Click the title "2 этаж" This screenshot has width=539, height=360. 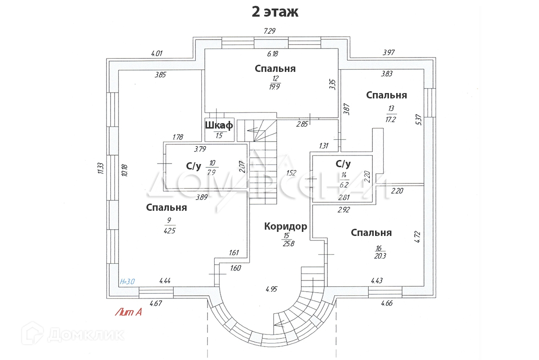[x=274, y=12]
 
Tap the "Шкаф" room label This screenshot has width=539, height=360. [x=219, y=125]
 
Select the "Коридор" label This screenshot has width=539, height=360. [x=286, y=227]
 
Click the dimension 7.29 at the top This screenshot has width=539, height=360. [x=269, y=31]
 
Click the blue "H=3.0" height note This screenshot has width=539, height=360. [x=128, y=282]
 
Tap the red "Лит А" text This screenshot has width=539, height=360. [x=128, y=312]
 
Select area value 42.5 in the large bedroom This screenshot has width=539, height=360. [x=169, y=231]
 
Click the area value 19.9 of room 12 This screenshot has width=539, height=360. [x=275, y=87]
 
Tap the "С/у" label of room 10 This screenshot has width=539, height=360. [x=193, y=166]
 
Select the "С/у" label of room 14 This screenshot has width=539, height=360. [x=343, y=163]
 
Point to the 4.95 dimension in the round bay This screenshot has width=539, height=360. [x=272, y=289]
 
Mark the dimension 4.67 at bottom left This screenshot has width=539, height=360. [x=156, y=303]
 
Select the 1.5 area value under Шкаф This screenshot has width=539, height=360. [x=219, y=136]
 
